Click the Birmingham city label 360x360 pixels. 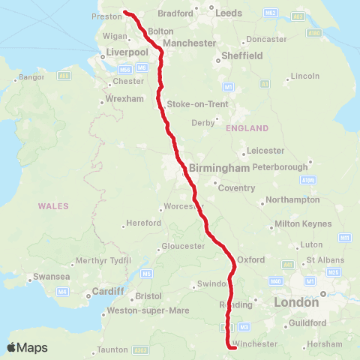coord(219,169)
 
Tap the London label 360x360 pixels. coord(297,302)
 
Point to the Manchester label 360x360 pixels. coord(189,43)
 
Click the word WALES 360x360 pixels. coord(53,206)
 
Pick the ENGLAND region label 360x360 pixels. coord(247,128)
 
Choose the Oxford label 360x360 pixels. coord(250,259)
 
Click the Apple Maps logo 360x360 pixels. coord(27,347)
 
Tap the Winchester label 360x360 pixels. coord(256,344)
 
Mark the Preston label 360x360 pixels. coord(107,16)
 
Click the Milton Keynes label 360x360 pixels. coord(298,223)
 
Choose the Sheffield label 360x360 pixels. coord(241,55)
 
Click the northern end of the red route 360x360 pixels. coord(125,12)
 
